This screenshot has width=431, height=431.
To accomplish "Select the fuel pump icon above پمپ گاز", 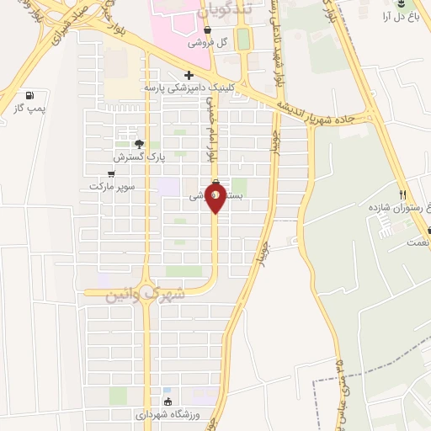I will (31, 95).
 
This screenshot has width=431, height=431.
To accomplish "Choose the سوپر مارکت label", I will (111, 185).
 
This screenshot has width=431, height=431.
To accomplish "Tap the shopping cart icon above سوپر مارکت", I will (111, 173).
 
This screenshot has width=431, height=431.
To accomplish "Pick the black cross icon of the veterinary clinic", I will (189, 75).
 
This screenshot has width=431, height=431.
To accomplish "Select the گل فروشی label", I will (210, 42).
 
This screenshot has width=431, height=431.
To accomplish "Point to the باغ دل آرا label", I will (398, 16).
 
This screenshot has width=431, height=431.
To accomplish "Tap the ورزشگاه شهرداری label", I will (167, 414).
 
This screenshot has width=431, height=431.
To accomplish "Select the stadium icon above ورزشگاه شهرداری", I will (168, 401).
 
